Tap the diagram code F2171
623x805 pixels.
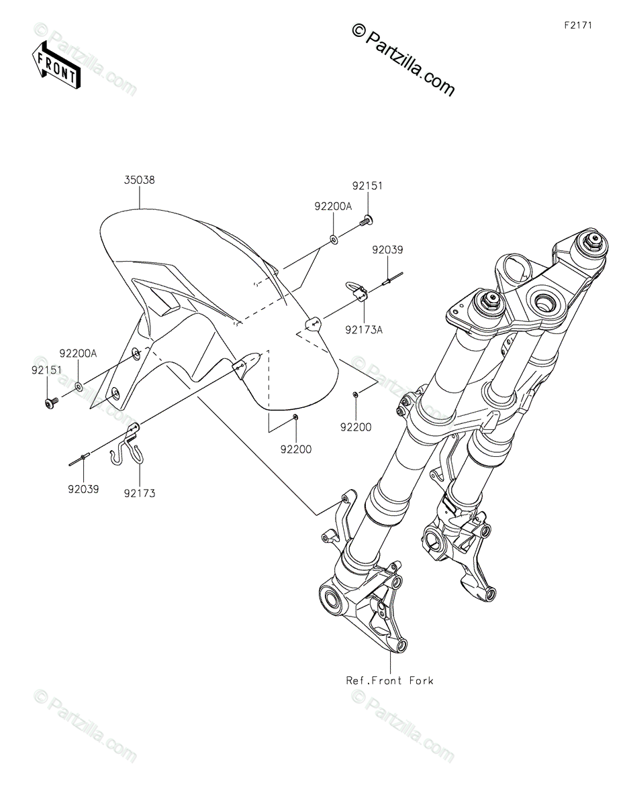579,25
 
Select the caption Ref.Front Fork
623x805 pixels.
389,680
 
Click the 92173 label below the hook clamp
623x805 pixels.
139,493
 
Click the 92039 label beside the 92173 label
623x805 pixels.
83,489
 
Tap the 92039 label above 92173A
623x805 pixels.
387,250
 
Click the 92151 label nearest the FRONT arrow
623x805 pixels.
45,369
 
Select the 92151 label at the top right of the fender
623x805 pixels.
368,186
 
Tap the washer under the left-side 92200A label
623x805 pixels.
79,386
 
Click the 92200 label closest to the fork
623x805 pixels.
355,426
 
